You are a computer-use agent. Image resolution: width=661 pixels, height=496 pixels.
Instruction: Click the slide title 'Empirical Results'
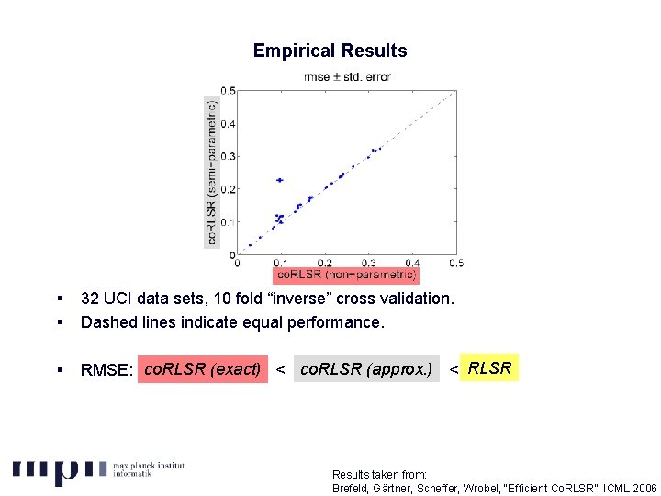[x=330, y=51]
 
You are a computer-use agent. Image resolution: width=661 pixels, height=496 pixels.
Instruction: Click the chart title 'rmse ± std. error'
[x=347, y=77]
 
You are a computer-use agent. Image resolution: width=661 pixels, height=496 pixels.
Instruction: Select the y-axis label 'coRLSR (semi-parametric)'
[x=213, y=172]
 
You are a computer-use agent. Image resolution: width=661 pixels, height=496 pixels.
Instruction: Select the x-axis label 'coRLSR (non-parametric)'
[x=347, y=274]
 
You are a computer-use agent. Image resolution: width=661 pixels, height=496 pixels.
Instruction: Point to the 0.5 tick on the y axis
[x=228, y=91]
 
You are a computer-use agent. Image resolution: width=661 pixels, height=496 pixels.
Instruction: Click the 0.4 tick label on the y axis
[x=228, y=124]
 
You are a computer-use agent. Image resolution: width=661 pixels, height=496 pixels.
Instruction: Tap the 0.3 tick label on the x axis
[x=369, y=263]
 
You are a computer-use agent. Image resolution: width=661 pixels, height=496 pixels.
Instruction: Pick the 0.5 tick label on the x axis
[x=455, y=263]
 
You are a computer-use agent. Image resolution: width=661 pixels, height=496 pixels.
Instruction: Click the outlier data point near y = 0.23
[x=280, y=180]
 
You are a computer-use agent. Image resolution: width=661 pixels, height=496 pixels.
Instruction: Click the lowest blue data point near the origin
[x=250, y=245]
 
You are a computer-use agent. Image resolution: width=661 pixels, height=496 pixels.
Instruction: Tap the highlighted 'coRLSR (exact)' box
[x=203, y=369]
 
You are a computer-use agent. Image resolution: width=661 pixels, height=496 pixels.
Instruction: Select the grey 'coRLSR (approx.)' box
[x=366, y=369]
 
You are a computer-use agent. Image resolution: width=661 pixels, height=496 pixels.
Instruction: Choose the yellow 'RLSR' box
[x=489, y=368]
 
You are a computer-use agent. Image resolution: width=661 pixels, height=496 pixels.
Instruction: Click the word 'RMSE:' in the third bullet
[x=107, y=370]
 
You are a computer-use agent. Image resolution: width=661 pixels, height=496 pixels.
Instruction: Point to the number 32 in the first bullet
[x=90, y=299]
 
